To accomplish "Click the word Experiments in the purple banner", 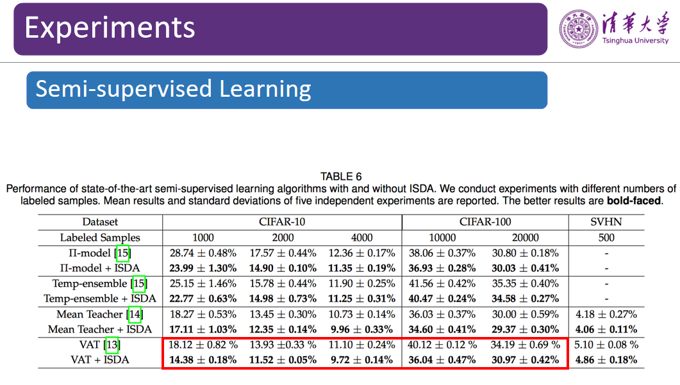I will point(110,28).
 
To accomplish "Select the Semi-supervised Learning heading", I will point(173,89).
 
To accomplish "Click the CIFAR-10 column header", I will point(282,222).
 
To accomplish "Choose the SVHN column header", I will point(606,222).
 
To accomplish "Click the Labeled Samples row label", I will point(99,237).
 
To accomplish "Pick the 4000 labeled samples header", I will point(361,237).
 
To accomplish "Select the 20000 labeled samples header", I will point(526,237).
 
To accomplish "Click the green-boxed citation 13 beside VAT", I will point(112,345).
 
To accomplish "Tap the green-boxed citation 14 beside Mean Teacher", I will point(135,314).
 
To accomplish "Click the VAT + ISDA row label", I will point(99,360).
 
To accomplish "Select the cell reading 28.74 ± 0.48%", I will point(203,252).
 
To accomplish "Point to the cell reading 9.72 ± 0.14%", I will point(361,360).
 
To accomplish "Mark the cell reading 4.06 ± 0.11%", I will point(606,329).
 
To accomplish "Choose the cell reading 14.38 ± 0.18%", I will point(203,360).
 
